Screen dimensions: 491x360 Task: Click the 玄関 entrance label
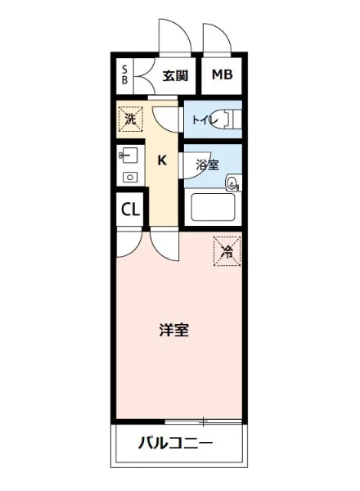tap(175, 76)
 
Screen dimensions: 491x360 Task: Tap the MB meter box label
tap(223, 75)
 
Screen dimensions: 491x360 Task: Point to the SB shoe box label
tap(124, 75)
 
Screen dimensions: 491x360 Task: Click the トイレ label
tap(200, 119)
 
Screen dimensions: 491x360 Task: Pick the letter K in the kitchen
tap(162, 160)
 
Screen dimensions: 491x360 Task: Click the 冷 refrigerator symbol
tap(227, 251)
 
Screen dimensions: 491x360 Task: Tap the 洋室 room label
tap(174, 331)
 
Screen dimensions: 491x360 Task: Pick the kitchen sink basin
tap(127, 154)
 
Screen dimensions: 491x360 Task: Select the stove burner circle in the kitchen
tap(128, 176)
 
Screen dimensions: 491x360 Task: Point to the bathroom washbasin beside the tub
tap(233, 184)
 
